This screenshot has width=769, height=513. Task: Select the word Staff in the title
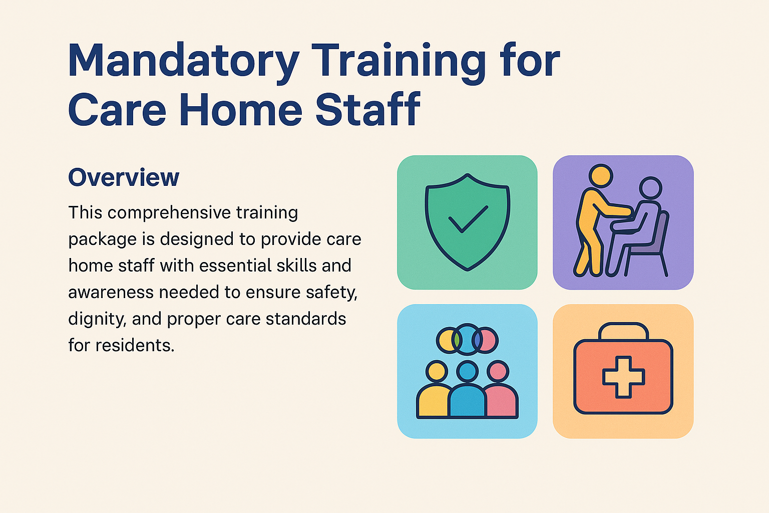click(368, 109)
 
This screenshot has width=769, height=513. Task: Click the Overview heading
click(124, 177)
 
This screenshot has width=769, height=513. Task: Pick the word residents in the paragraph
click(135, 345)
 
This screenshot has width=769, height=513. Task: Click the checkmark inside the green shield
click(468, 219)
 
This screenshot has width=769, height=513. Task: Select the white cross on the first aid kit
click(623, 377)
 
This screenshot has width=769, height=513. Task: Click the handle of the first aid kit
click(623, 331)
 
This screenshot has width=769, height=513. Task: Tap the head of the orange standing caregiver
click(601, 176)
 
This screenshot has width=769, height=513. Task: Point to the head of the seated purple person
click(650, 188)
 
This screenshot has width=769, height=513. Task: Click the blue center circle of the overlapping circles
click(467, 340)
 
